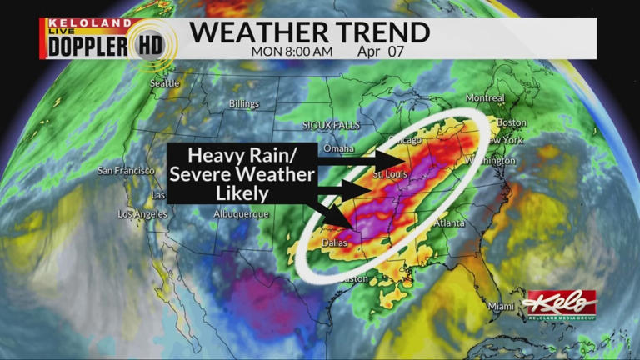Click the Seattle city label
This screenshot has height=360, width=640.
coord(165,83)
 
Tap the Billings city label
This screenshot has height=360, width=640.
coord(244,104)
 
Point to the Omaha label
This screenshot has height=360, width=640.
coord(339,148)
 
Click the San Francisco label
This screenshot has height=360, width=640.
coord(126,171)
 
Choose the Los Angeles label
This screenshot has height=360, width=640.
coord(142,214)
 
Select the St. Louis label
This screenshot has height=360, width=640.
coord(389,175)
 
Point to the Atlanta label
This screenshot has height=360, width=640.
coord(449,222)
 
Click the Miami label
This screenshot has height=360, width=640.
coord(502,306)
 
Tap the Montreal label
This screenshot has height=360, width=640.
coord(485,98)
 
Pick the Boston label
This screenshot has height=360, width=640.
coord(512,122)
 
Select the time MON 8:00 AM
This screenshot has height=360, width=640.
coord(292,52)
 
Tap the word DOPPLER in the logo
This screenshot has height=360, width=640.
coord(87,47)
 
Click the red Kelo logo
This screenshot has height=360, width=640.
coord(560,302)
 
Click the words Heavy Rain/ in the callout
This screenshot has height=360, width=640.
coord(240,156)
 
